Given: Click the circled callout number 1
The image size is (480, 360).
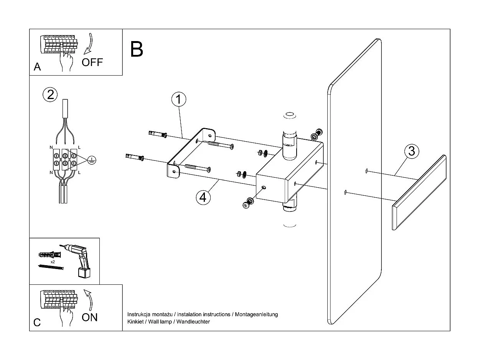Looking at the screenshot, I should coord(178,99).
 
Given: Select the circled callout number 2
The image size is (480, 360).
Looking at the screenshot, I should coord(50,94).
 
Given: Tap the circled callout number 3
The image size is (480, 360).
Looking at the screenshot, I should coord(411,151).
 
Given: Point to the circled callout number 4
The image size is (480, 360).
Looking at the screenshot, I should coord(203,197).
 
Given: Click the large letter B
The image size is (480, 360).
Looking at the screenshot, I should coord(137,50).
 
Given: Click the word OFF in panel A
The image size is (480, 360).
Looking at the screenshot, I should coord(92,62).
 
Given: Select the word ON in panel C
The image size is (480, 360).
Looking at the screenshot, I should coord(90,317).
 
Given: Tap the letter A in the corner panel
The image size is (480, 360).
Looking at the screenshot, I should coord(37,67).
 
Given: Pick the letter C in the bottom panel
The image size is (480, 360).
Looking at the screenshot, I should coord(37,322).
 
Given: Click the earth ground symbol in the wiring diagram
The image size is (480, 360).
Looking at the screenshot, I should coord(91,160).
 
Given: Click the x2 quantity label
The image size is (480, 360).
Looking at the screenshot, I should coord(52,261).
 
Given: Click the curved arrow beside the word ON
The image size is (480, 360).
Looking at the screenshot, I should coord(89,300).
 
